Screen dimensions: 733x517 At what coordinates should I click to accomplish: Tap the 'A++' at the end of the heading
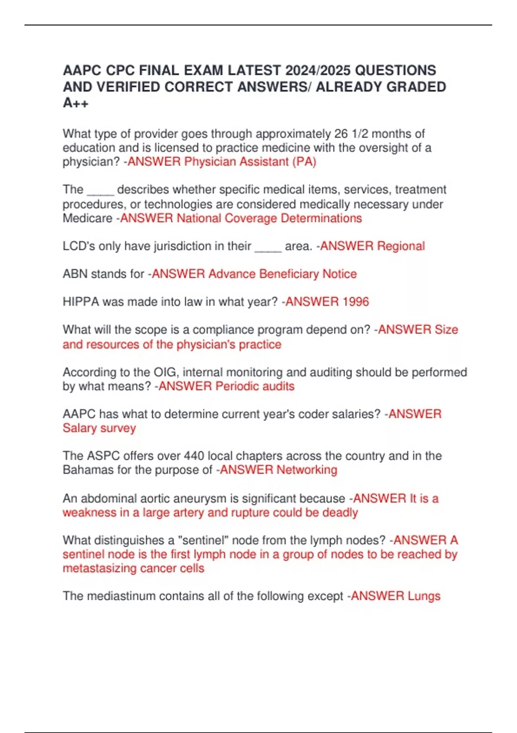(x=75, y=103)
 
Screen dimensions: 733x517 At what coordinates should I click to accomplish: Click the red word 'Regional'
(x=401, y=246)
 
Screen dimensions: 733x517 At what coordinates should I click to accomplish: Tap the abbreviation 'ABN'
(x=75, y=274)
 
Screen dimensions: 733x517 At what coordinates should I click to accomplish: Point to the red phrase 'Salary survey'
(x=99, y=428)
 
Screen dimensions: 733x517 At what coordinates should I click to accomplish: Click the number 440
(x=194, y=456)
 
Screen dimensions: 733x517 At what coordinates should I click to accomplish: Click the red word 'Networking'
(x=307, y=470)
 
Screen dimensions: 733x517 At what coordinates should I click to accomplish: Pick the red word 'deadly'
(x=340, y=513)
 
